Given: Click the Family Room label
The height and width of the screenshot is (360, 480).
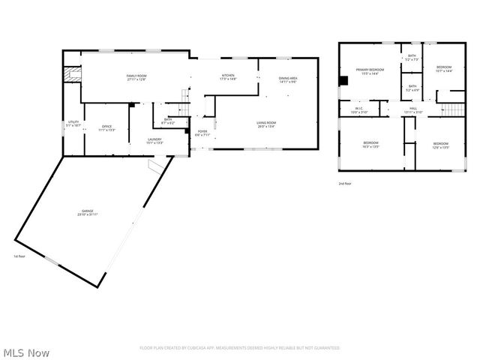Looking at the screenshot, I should tap(136, 76).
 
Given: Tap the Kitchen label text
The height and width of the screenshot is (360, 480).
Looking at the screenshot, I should tap(228, 76).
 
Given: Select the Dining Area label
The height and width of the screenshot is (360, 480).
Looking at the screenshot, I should tap(289, 79).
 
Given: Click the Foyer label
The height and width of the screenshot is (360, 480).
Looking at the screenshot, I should tap(202, 132).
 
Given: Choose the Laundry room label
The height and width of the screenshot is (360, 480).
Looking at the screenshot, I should tap(155, 139).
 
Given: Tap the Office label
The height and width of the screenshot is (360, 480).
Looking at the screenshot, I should tap(106, 127).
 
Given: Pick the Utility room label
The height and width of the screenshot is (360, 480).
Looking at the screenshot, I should tap(73, 122).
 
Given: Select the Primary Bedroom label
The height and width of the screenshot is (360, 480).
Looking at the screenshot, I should tap(370, 70).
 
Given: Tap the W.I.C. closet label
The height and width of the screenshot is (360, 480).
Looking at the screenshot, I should tap(358, 108).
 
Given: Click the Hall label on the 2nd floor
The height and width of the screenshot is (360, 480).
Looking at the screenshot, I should tap(413, 108).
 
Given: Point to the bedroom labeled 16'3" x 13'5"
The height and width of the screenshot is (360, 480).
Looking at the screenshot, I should tap(371, 143).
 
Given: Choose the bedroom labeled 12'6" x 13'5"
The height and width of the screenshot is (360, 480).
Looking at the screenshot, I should tap(440, 144).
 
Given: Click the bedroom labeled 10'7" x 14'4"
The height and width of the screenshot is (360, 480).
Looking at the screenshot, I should tap(444, 67).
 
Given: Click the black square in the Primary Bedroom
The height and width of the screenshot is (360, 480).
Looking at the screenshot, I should tap(343, 80).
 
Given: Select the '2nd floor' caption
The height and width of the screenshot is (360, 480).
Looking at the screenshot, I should tap(345, 183).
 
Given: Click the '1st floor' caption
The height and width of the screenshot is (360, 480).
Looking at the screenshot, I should tap(20, 256).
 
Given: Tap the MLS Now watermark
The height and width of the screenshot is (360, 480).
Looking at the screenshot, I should tap(27, 352).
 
